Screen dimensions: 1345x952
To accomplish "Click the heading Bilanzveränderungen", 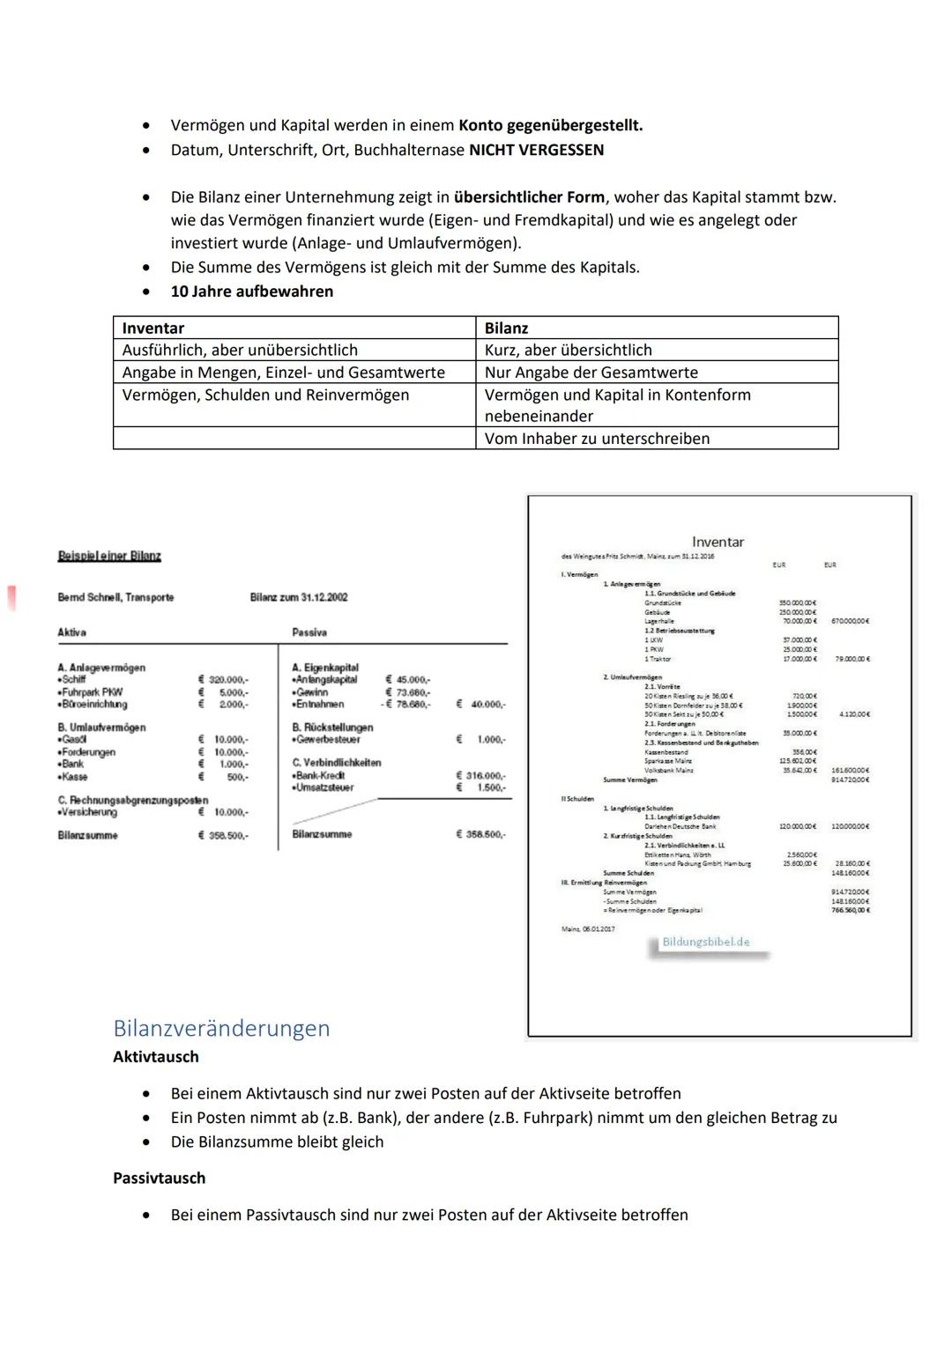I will (x=221, y=1028).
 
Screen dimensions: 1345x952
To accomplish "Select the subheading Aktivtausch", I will (x=156, y=1056).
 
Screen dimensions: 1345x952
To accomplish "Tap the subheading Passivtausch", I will (x=159, y=1178).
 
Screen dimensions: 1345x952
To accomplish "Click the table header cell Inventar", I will (x=152, y=328).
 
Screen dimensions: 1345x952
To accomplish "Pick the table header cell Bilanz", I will (x=506, y=328).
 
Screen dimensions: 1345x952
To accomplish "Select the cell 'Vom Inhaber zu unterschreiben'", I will (x=597, y=439).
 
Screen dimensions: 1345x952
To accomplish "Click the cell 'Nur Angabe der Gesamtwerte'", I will (x=591, y=373).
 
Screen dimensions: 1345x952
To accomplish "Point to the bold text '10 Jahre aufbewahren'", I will (x=252, y=292).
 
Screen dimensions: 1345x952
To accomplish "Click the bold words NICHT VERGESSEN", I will (x=536, y=150).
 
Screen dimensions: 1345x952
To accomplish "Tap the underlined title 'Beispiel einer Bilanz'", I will (x=109, y=556).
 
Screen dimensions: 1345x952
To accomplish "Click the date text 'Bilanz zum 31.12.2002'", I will (x=299, y=597).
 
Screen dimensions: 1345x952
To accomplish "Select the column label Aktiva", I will (x=71, y=632).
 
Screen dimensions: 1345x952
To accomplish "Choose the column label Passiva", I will (x=309, y=632).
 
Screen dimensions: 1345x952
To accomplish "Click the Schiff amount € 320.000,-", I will (x=223, y=680).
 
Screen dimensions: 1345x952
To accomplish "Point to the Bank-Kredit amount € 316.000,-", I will (x=480, y=775).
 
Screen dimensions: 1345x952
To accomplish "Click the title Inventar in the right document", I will (x=718, y=542).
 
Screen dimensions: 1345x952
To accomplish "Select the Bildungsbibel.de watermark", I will (x=706, y=942).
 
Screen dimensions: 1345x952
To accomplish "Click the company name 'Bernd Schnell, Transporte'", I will (x=115, y=597).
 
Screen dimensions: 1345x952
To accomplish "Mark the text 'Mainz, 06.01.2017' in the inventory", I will (x=588, y=928).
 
